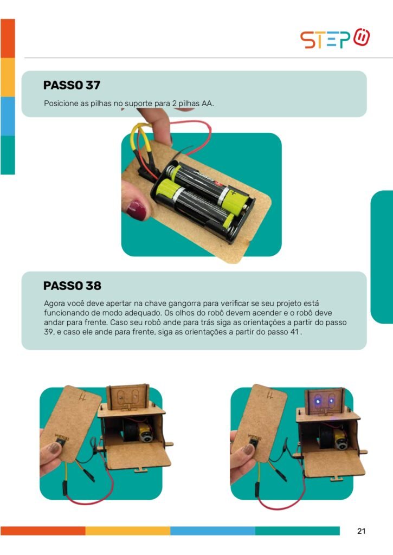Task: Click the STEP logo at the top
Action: pyautogui.click(x=334, y=38)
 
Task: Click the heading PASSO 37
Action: pyautogui.click(x=72, y=85)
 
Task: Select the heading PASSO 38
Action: pyautogui.click(x=72, y=286)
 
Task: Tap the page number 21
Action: pyautogui.click(x=361, y=531)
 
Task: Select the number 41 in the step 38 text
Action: pyautogui.click(x=294, y=332)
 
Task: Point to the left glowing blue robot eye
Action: pyautogui.click(x=318, y=401)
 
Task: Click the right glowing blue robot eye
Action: pyautogui.click(x=331, y=401)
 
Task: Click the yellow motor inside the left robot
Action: pyautogui.click(x=145, y=433)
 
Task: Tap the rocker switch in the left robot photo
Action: pyautogui.click(x=61, y=442)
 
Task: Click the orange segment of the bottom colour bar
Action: pyautogui.click(x=43, y=531)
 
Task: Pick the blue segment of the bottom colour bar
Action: pyautogui.click(x=213, y=531)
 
